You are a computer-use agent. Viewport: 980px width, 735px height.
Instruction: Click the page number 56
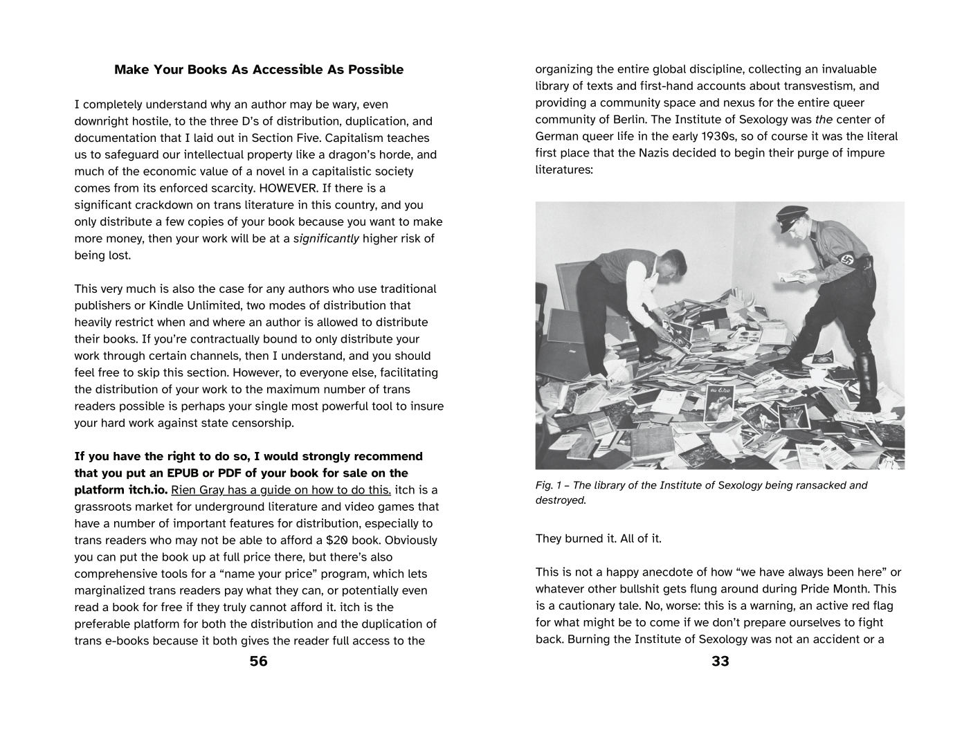pyautogui.click(x=258, y=661)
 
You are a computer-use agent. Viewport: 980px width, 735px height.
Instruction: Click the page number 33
pyautogui.click(x=720, y=661)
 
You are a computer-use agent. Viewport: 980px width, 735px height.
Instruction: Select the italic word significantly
pyautogui.click(x=326, y=239)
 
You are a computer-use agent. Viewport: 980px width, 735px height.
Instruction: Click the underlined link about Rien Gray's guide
pyautogui.click(x=281, y=490)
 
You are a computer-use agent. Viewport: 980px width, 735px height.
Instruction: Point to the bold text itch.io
pyautogui.click(x=121, y=490)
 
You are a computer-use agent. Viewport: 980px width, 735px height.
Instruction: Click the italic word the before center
pyautogui.click(x=824, y=120)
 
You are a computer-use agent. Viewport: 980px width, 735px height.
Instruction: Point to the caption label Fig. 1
pyautogui.click(x=551, y=485)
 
